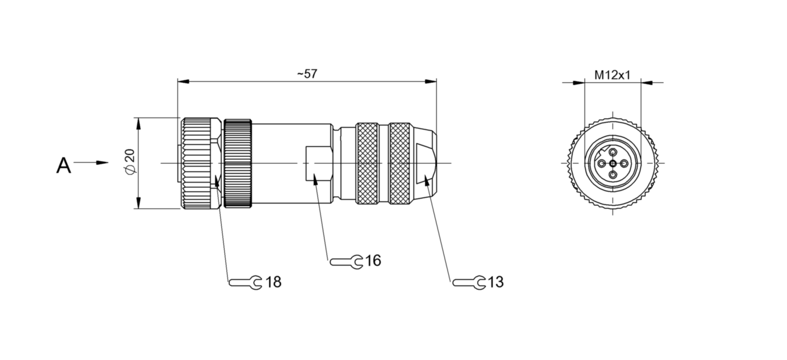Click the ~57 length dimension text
[307, 74]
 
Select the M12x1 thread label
[612, 75]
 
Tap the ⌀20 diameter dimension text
[129, 161]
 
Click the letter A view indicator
[64, 165]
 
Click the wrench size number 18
[273, 282]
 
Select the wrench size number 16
[373, 261]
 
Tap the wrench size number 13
[496, 282]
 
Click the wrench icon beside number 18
[246, 282]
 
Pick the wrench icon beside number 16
[346, 262]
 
